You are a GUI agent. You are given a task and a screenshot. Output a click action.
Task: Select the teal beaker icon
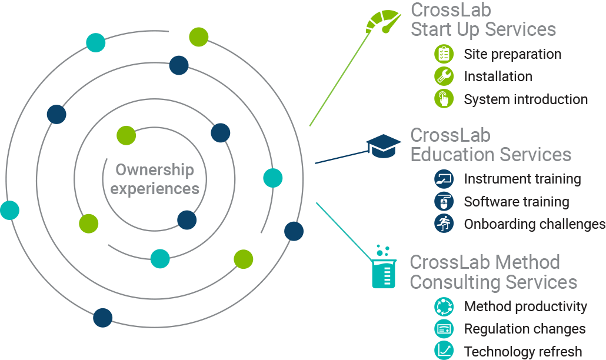(x=384, y=268)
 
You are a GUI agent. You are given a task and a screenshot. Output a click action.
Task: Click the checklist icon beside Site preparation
(x=444, y=54)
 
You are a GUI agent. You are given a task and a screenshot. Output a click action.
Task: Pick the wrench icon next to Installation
(x=444, y=76)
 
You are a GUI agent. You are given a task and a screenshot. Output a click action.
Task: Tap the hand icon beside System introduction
(x=444, y=99)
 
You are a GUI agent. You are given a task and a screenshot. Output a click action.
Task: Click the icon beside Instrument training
(x=444, y=179)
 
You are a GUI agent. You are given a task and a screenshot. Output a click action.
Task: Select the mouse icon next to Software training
(x=444, y=201)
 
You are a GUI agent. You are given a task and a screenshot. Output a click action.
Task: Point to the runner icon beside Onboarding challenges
(x=444, y=224)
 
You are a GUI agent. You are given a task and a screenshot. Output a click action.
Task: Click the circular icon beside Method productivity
(x=444, y=306)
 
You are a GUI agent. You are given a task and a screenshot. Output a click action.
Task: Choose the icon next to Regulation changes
(x=444, y=329)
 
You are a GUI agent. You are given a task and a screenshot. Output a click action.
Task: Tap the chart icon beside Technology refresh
(x=444, y=351)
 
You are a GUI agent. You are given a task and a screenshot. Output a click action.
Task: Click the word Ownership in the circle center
(x=155, y=170)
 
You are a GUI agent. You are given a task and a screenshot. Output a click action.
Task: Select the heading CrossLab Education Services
(x=491, y=145)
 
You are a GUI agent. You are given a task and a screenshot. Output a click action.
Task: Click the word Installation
(x=498, y=76)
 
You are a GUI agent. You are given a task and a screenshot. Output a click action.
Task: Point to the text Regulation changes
(x=525, y=329)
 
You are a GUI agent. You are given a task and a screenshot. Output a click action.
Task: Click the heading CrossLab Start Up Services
(x=483, y=19)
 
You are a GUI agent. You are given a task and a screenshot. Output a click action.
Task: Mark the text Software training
(x=517, y=202)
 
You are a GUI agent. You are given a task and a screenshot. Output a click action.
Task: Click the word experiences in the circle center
(x=155, y=189)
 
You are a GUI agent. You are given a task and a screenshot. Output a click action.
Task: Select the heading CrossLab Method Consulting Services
(x=493, y=272)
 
